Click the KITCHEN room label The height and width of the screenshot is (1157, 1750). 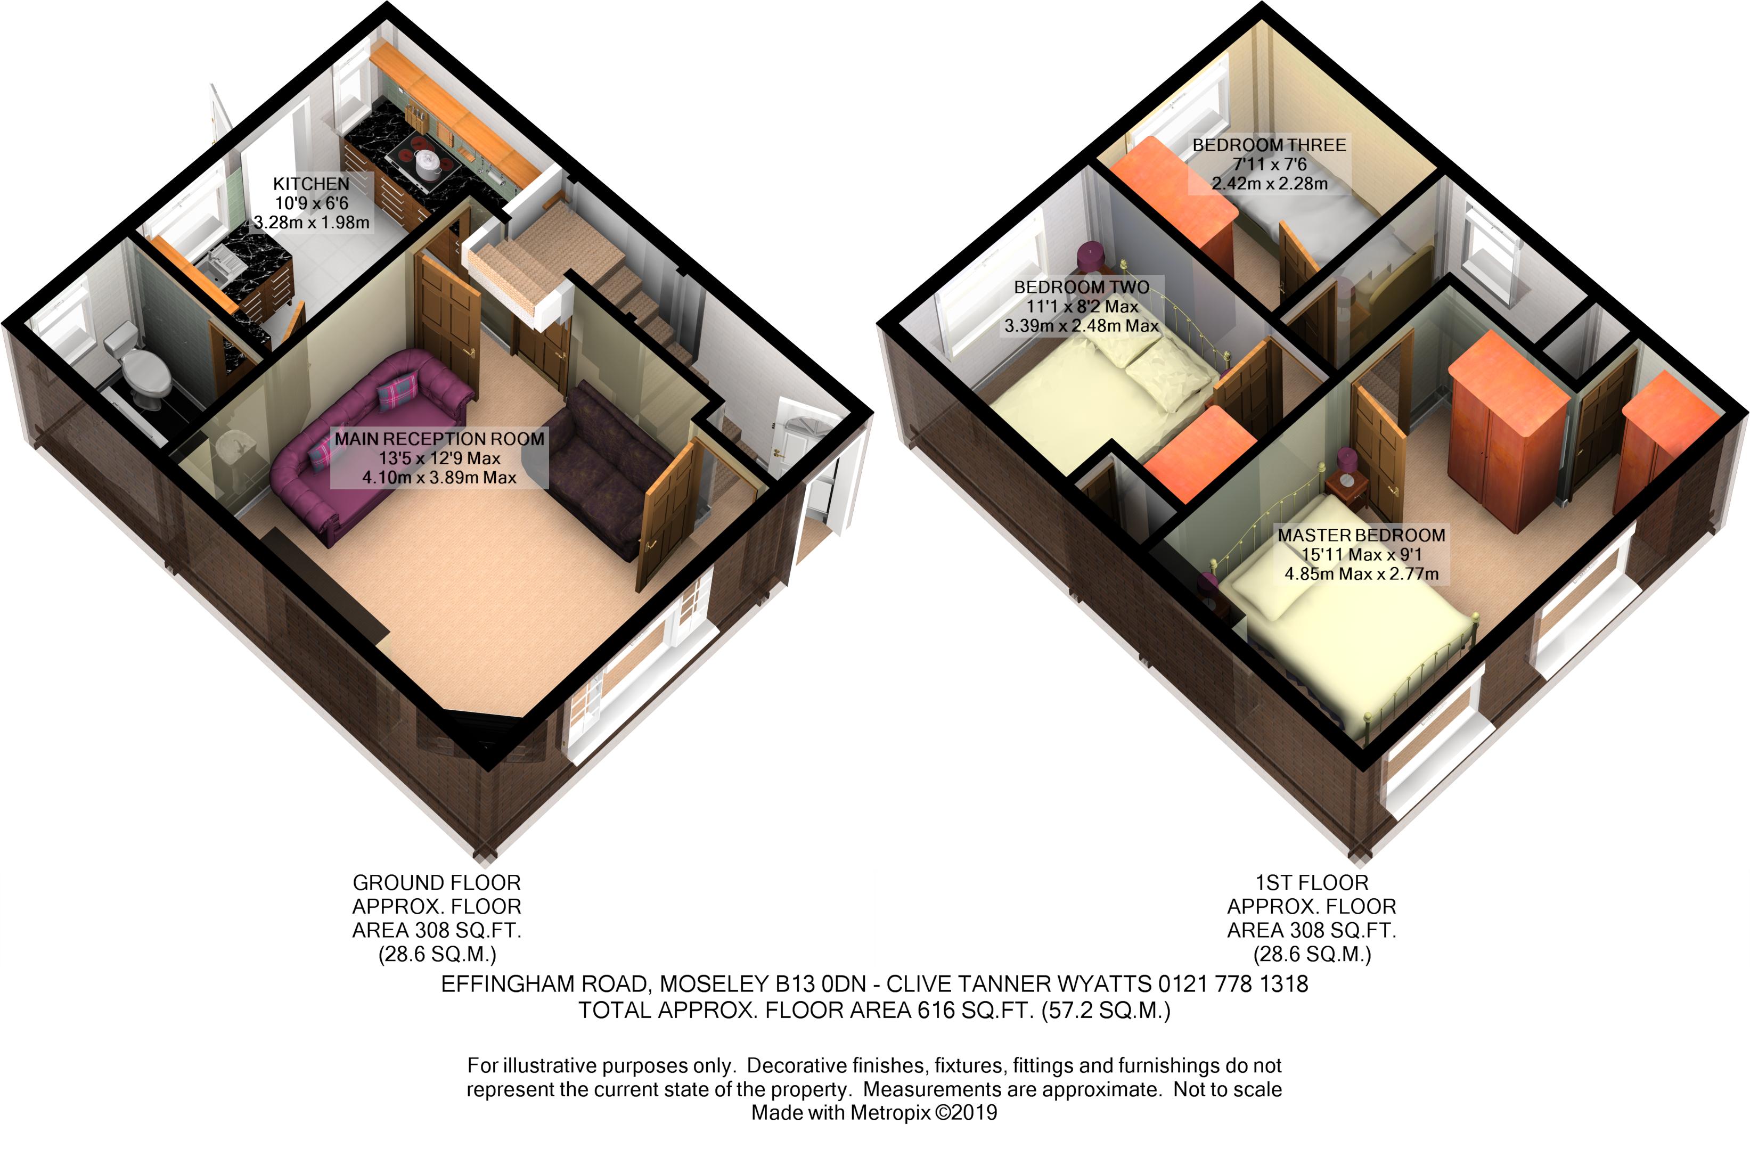310,184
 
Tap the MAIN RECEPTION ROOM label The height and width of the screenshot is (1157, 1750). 439,439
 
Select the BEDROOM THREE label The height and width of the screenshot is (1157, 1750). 1269,145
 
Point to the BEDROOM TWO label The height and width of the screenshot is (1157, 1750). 1081,287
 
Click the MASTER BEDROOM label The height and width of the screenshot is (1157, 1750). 1361,535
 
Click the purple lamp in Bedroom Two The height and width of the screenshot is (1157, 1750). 1090,256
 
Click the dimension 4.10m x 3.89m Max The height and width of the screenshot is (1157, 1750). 439,478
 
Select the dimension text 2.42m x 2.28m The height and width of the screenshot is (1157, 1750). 1269,184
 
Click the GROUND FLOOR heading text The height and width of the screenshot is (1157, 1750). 436,882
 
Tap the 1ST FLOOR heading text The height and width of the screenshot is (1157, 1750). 1312,882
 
